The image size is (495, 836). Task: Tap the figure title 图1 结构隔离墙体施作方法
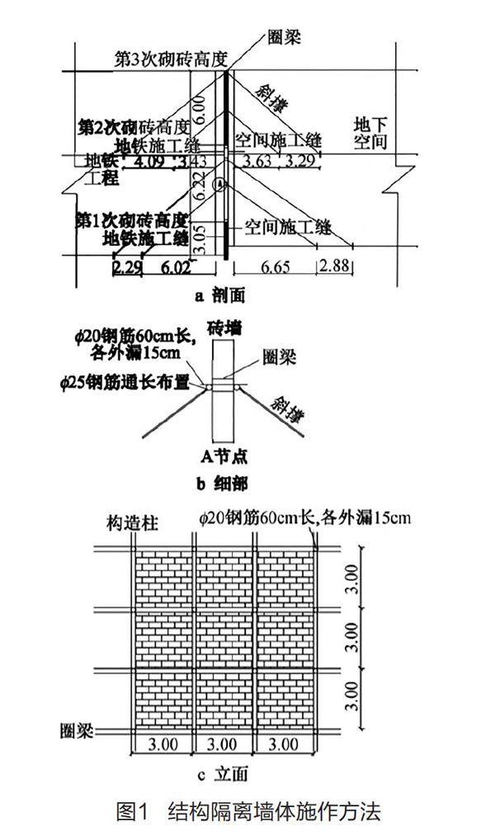(x=247, y=811)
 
